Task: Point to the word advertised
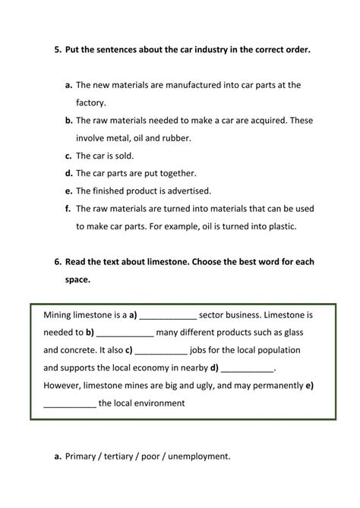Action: (188, 191)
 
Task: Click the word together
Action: (178, 173)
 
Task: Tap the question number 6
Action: (58, 261)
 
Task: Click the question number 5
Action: (58, 49)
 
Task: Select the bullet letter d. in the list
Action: (68, 173)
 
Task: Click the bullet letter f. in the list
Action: (68, 208)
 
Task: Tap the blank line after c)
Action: (162, 351)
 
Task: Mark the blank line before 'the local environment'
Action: (70, 405)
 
